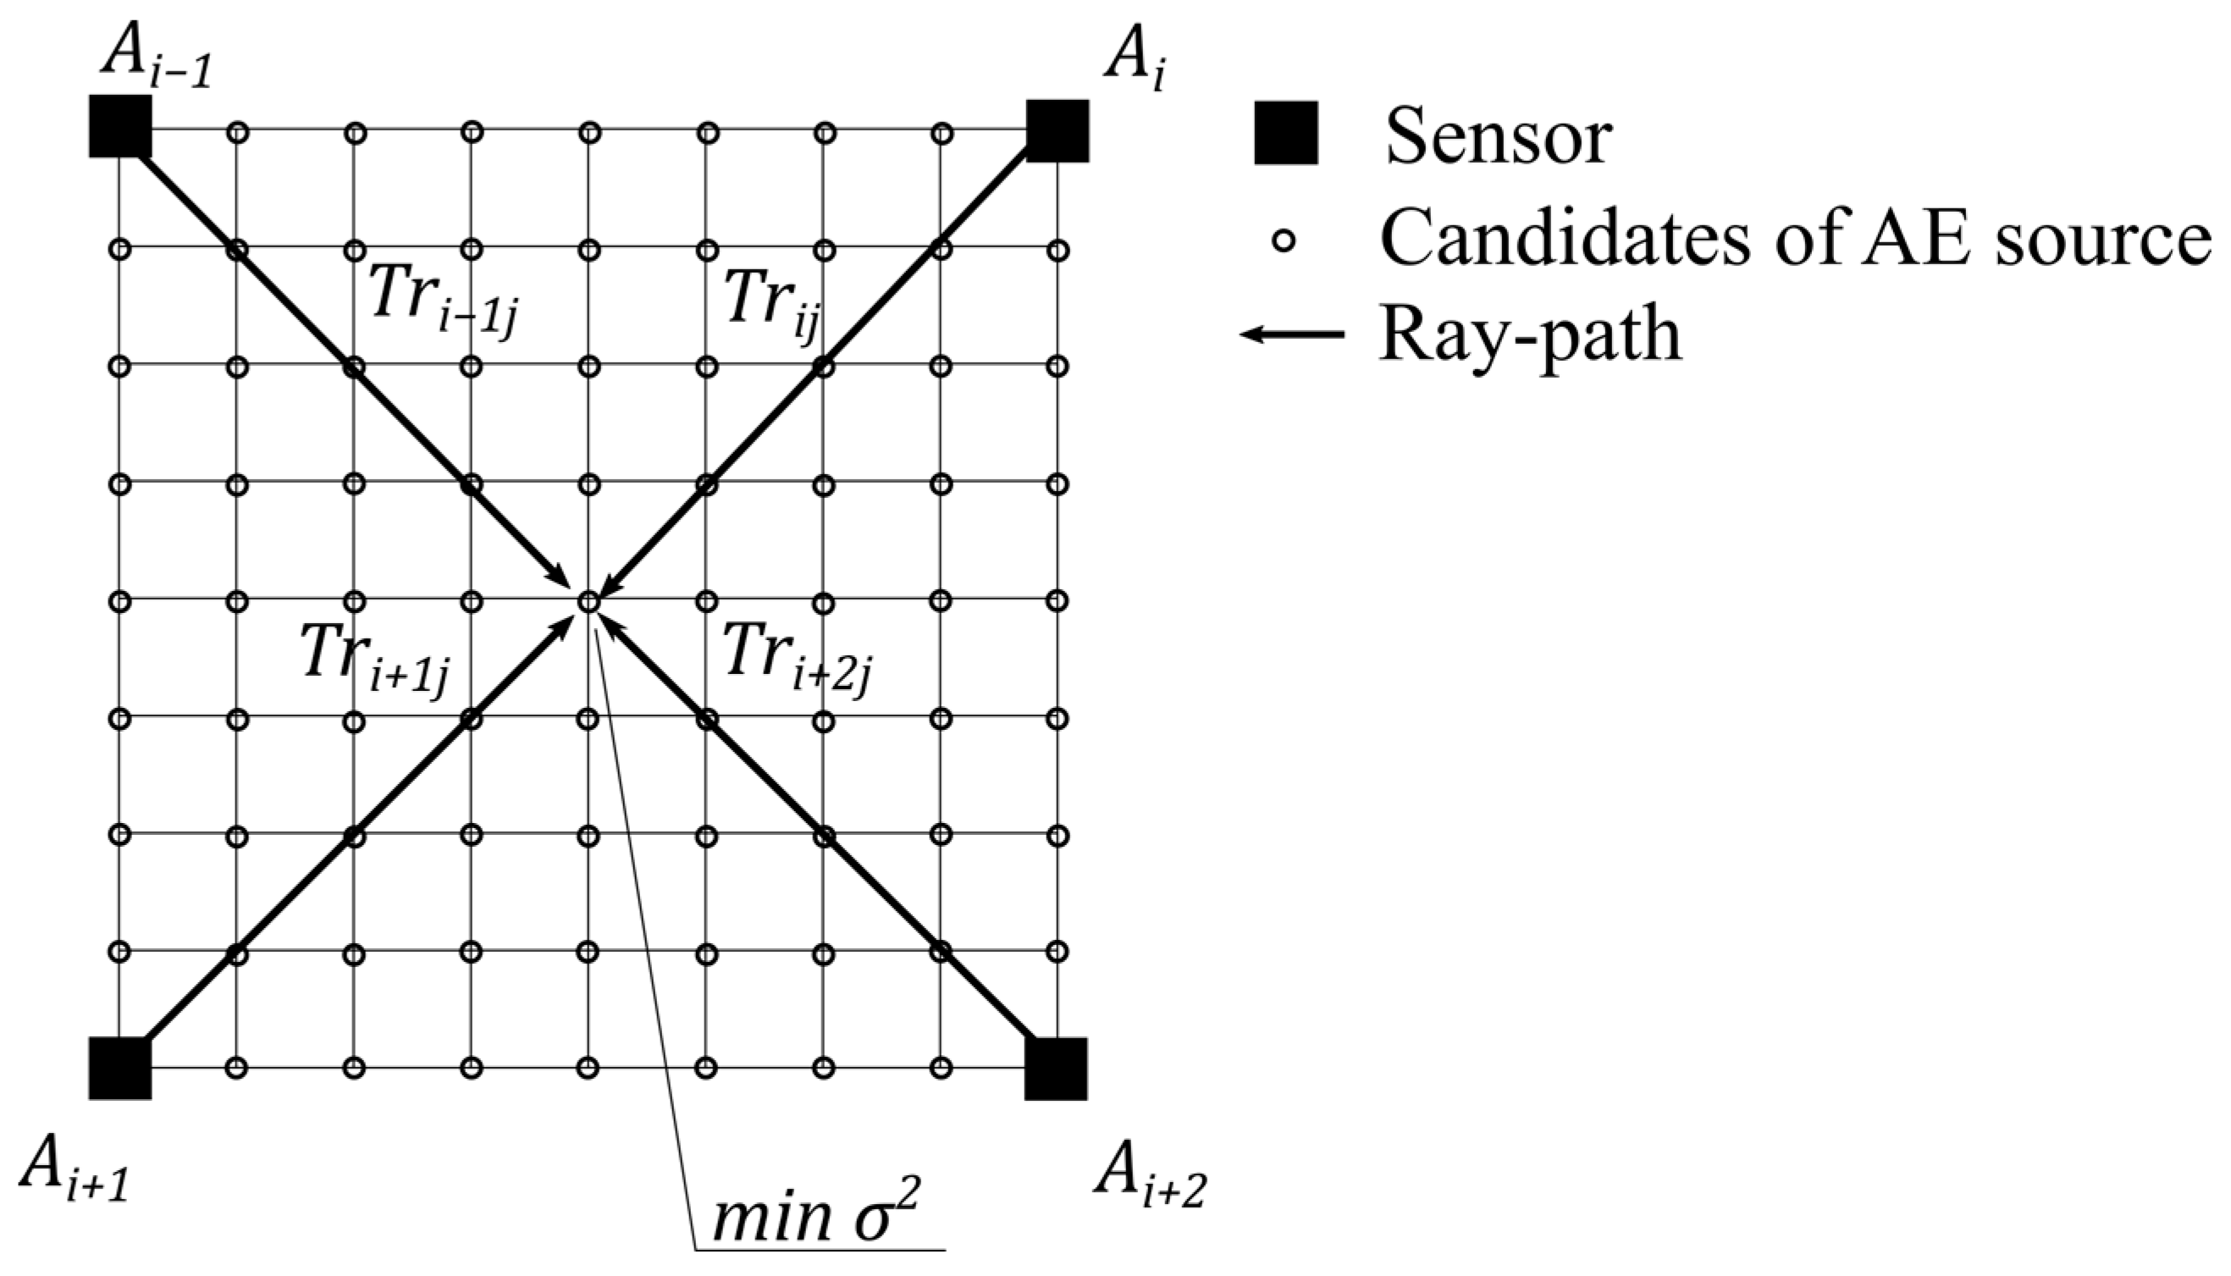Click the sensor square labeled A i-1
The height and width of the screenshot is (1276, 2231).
(x=120, y=127)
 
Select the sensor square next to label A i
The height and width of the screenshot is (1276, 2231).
(x=1058, y=130)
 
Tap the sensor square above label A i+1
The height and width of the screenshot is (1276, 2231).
(x=120, y=1068)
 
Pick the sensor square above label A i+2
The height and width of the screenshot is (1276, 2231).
(x=1056, y=1069)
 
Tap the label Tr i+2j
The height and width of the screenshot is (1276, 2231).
(x=798, y=658)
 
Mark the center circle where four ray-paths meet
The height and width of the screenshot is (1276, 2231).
(x=588, y=602)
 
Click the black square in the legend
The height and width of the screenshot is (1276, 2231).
(x=1285, y=133)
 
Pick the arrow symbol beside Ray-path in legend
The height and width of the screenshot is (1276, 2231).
(x=1293, y=334)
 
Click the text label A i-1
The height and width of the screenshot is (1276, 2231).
(x=157, y=60)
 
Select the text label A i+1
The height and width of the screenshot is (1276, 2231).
(x=75, y=1171)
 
